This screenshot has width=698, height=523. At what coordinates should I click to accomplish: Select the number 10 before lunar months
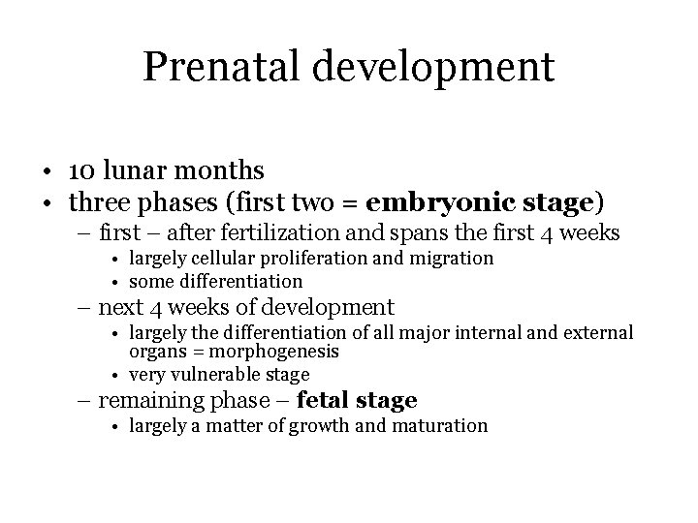coord(81,171)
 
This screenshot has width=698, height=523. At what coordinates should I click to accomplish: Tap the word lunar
coord(131,171)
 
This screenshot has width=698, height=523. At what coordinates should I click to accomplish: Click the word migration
coord(452,259)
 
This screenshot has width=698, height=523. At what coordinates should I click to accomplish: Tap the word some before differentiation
coord(150,281)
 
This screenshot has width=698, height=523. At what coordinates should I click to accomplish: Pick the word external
coord(598,333)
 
